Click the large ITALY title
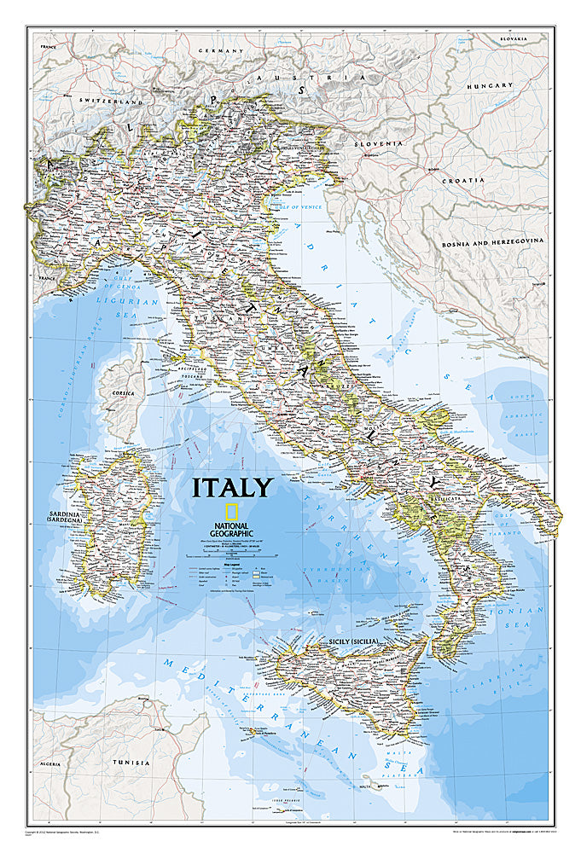231,488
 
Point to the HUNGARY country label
490,86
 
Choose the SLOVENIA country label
379,143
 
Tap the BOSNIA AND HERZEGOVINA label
492,242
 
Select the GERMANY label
221,51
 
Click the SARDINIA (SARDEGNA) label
61,521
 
